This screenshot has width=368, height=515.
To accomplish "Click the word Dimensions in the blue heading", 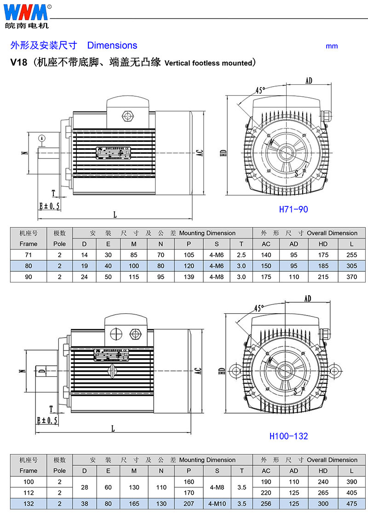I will click(112, 45).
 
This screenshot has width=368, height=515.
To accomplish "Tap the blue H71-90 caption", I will click(293, 209).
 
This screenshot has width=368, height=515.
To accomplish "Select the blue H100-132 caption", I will click(288, 436).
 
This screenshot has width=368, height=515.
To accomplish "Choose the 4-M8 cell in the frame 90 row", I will click(217, 277).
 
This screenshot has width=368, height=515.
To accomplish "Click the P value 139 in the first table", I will click(189, 277).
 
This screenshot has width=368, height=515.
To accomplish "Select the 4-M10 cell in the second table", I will click(217, 504).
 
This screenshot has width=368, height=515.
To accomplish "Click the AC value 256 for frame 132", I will click(266, 504).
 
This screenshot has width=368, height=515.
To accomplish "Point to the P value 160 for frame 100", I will click(189, 481).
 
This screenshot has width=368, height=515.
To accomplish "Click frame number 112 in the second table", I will click(29, 493).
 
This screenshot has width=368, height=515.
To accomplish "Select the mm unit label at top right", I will click(332, 46).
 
